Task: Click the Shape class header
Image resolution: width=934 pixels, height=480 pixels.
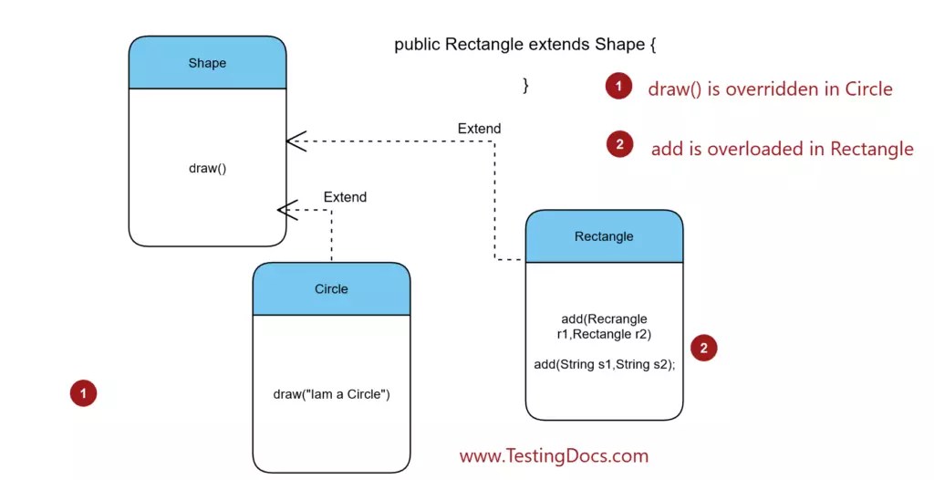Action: point(207,63)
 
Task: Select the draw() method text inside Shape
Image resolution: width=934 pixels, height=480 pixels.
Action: point(207,169)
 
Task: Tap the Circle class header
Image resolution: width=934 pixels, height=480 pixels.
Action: point(331,289)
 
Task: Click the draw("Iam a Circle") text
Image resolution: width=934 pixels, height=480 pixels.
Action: point(331,394)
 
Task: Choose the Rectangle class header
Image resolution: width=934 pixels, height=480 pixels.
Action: point(604,236)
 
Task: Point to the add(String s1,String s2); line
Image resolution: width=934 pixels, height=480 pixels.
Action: point(604,364)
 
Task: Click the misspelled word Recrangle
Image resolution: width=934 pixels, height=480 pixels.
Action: point(617,318)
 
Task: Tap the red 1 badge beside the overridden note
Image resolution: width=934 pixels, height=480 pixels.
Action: point(618,87)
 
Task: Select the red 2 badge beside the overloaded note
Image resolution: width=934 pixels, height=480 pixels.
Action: point(619,144)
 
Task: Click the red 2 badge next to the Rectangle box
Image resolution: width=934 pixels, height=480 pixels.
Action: point(703,348)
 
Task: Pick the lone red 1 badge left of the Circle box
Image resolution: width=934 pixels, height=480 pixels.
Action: point(83,393)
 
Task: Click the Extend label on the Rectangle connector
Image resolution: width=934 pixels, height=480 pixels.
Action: point(479,129)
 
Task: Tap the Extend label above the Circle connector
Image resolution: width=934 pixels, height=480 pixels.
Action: point(345,197)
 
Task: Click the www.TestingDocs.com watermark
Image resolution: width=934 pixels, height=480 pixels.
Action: point(554,455)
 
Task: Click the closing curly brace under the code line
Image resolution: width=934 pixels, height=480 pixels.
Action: point(525,86)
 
